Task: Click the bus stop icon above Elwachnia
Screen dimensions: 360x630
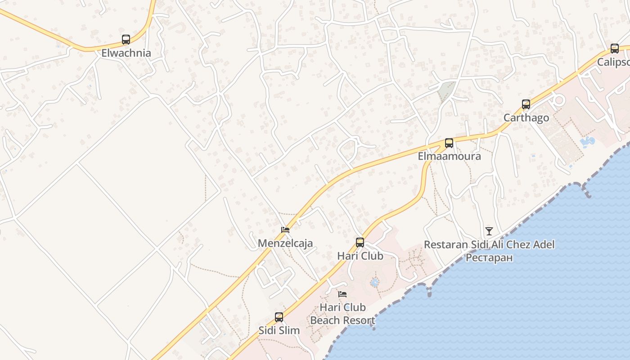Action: click(x=126, y=40)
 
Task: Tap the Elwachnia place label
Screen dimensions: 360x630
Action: click(x=126, y=53)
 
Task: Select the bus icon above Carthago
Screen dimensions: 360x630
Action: click(x=526, y=104)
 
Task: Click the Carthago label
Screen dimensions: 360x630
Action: click(x=526, y=118)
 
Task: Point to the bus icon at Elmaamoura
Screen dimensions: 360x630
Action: click(x=449, y=143)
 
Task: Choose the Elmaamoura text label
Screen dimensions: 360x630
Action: click(x=449, y=157)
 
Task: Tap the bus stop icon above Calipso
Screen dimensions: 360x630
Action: click(x=615, y=49)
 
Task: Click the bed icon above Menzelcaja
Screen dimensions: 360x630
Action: click(x=285, y=230)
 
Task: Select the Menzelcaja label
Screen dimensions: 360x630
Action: click(x=285, y=243)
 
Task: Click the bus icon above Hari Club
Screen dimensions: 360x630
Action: click(x=360, y=243)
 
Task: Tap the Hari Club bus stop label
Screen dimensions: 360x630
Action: click(x=360, y=256)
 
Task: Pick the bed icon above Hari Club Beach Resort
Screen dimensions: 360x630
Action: click(x=342, y=294)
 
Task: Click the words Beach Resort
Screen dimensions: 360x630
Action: click(x=342, y=321)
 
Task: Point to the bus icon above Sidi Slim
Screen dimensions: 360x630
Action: click(x=279, y=317)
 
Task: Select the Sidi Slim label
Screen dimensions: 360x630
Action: click(x=279, y=330)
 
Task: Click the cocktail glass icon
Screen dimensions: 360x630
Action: click(x=489, y=231)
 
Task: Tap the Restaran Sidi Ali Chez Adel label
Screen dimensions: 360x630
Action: click(x=489, y=245)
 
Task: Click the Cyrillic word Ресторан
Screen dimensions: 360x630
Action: click(x=489, y=258)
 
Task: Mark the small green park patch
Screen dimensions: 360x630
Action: click(x=446, y=92)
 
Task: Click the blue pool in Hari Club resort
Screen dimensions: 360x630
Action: click(x=374, y=283)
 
